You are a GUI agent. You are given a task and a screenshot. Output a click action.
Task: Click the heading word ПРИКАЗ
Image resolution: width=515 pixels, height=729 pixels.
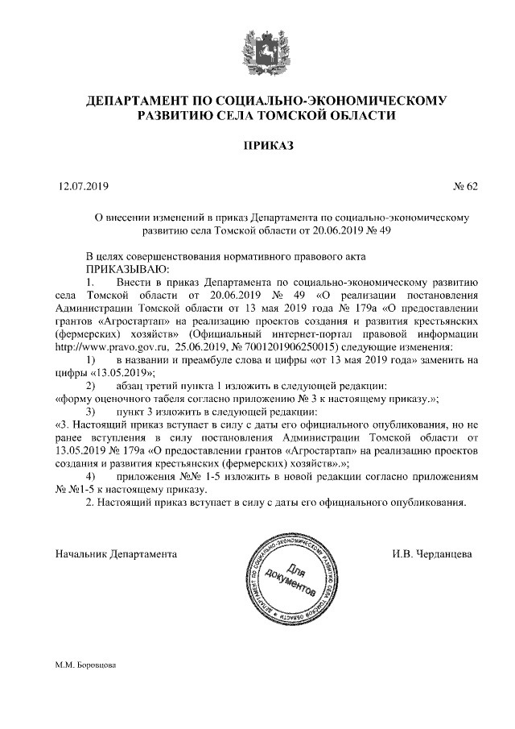click(257, 147)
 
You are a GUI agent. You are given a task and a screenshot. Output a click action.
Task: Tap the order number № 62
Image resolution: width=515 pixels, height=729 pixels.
click(466, 187)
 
